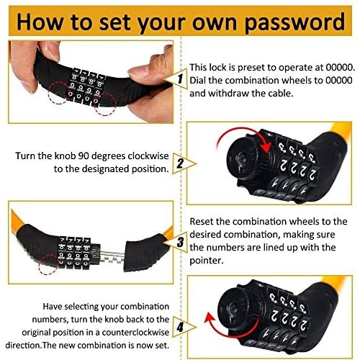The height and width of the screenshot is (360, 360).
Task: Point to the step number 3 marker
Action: [181, 240]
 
